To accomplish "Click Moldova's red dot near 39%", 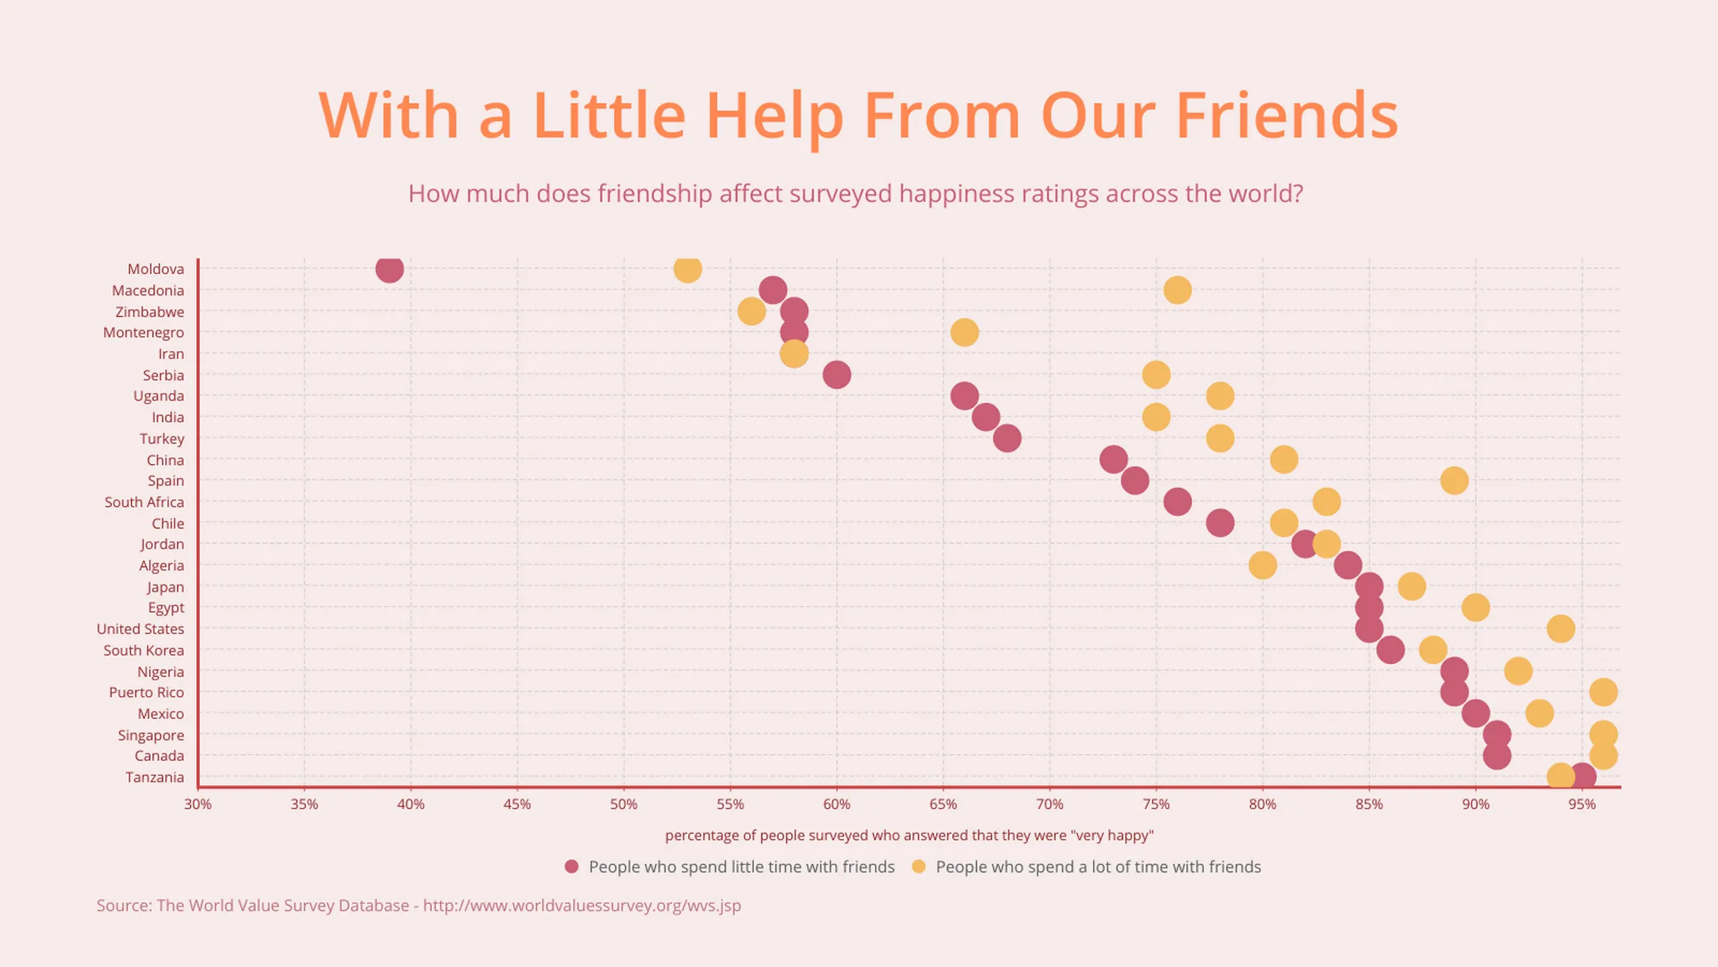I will tap(389, 269).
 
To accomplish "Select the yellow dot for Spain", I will tap(1454, 481).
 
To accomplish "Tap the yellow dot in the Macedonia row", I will tap(1177, 290).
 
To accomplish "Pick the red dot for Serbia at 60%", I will tap(836, 375).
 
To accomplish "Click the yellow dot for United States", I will tap(1560, 629).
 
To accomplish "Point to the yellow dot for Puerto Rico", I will tap(1603, 692).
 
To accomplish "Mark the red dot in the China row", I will tap(1113, 460).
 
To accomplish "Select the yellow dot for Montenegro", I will tap(964, 332).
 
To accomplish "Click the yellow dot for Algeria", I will tap(1262, 566).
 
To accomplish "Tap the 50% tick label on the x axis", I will tap(623, 804).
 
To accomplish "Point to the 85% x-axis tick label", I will tap(1368, 804).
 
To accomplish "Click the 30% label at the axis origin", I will tap(197, 804).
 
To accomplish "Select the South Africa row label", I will tap(144, 502).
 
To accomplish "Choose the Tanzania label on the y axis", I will tap(155, 778).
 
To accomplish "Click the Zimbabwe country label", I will tap(150, 312).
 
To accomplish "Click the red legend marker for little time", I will tap(572, 867).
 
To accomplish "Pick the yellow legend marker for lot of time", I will tap(918, 867).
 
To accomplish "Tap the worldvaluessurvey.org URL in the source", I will tap(582, 906).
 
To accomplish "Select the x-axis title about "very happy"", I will tap(909, 836).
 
